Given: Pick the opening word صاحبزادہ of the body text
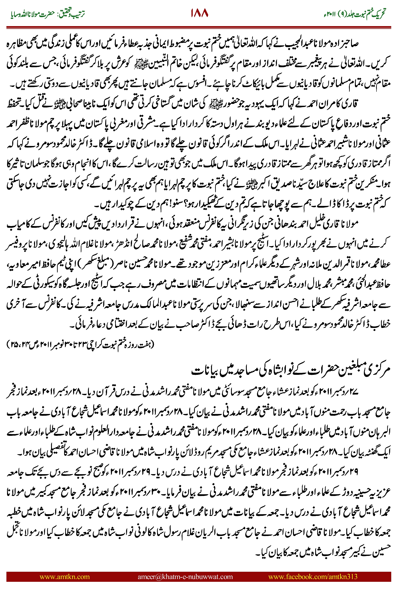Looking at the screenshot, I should [345, 44].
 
